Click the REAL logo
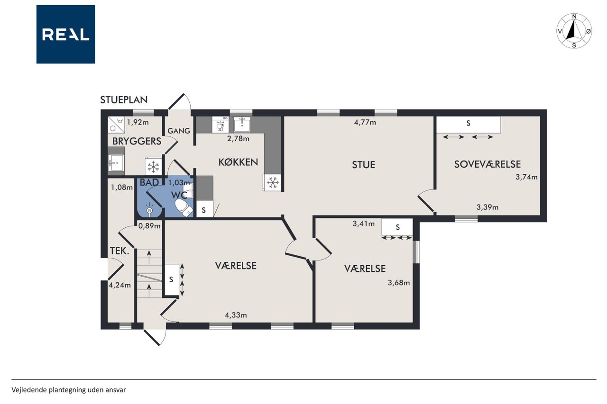65,35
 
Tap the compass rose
574,31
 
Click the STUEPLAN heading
124,100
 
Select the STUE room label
363,164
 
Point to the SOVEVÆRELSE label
487,164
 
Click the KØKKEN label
238,162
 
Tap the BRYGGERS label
137,141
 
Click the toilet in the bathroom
184,207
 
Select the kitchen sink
242,125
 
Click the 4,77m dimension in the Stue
365,123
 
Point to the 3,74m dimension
526,177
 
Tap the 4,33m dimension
236,315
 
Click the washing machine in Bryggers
116,125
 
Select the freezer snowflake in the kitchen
272,183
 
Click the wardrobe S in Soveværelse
468,124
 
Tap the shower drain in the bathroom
149,210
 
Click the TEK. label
119,251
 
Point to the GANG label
179,131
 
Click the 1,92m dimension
138,122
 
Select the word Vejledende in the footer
29,390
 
